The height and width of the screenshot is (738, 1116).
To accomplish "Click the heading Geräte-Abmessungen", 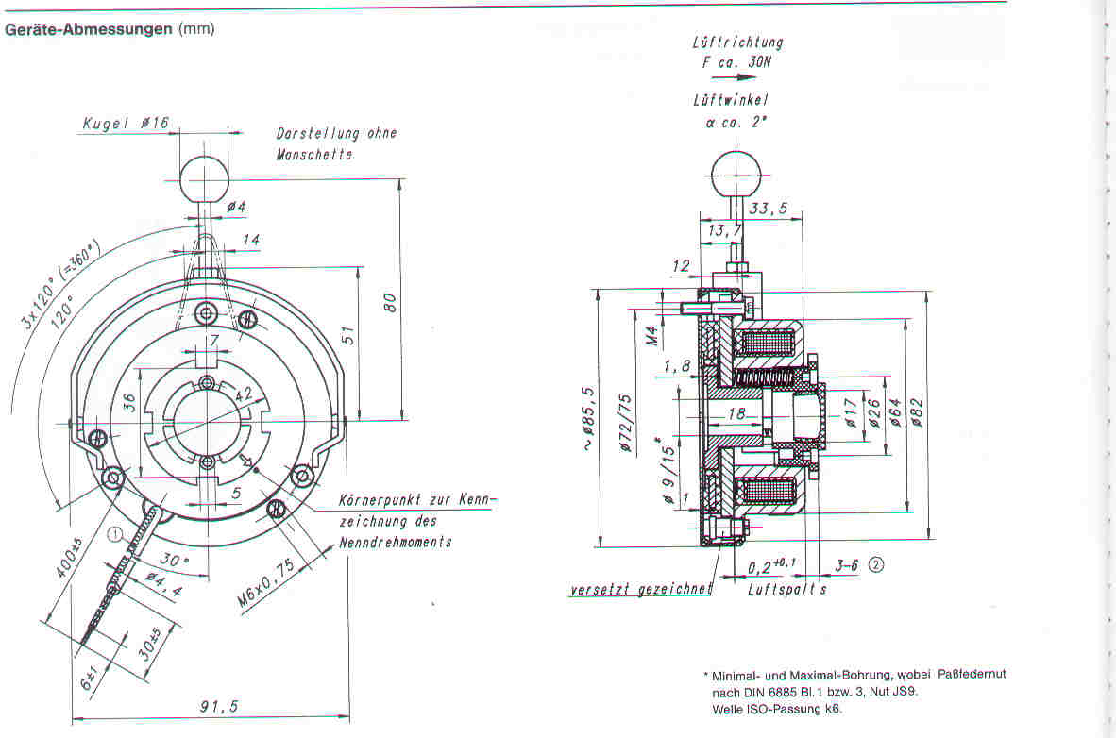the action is tap(88, 29).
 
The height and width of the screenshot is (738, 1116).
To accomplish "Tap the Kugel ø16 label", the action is tap(126, 123).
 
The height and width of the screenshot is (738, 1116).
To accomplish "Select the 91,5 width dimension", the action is tap(218, 706).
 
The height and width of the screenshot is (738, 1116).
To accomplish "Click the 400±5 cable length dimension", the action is tap(70, 558).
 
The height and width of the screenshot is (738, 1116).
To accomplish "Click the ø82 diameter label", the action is tap(917, 412).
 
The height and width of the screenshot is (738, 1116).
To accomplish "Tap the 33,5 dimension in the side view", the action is tap(769, 208).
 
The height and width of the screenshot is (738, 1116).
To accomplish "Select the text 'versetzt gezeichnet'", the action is tap(640, 589).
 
